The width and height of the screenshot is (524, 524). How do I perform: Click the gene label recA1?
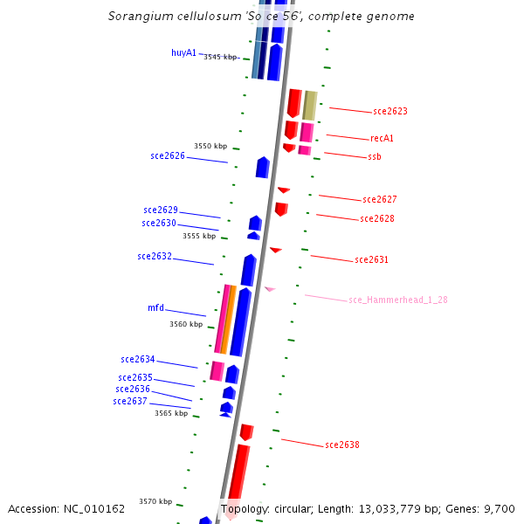click(382, 138)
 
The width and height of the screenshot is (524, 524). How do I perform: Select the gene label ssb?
click(374, 156)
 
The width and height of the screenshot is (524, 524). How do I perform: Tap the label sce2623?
click(390, 111)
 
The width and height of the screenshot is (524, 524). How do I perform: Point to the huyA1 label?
click(183, 52)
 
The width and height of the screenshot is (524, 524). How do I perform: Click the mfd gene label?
click(155, 307)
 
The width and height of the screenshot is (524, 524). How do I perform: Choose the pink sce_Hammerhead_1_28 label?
click(397, 300)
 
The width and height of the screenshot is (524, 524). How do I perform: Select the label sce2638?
click(341, 445)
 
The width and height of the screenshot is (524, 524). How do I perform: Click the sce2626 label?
click(168, 155)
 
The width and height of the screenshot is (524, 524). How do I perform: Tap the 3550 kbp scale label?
click(210, 146)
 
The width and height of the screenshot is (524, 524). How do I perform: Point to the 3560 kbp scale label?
click(186, 323)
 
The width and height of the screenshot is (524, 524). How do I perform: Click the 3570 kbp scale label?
click(155, 501)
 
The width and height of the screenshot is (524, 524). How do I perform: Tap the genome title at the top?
click(261, 17)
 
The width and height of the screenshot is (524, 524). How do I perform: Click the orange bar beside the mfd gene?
click(227, 319)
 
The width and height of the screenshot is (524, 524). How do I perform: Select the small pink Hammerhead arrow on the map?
click(270, 288)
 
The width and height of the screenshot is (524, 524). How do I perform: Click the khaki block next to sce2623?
click(309, 105)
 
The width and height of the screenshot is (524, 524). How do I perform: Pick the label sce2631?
click(371, 259)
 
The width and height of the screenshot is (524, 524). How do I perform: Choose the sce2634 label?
click(138, 359)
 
